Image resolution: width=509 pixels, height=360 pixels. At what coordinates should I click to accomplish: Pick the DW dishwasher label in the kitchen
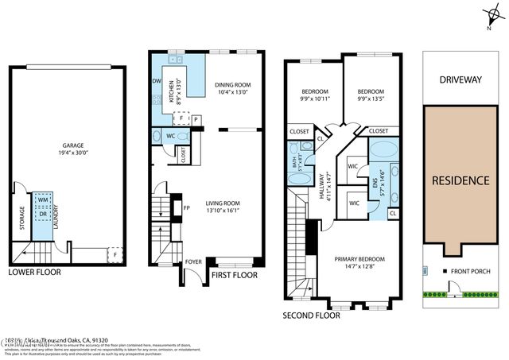[x=157, y=81]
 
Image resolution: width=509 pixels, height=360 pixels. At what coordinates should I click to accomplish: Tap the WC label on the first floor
[x=170, y=136]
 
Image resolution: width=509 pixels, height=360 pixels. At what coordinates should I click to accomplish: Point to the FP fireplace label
[x=186, y=209]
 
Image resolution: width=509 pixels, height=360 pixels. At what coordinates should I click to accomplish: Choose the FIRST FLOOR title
[x=235, y=276]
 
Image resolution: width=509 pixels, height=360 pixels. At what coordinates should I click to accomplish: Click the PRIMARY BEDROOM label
[x=359, y=259]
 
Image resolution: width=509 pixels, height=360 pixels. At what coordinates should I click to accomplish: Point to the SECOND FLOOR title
[x=311, y=315]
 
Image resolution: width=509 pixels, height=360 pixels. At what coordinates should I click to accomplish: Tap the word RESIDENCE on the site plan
[x=460, y=180]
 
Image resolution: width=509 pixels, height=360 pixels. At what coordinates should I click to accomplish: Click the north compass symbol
[x=488, y=16]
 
